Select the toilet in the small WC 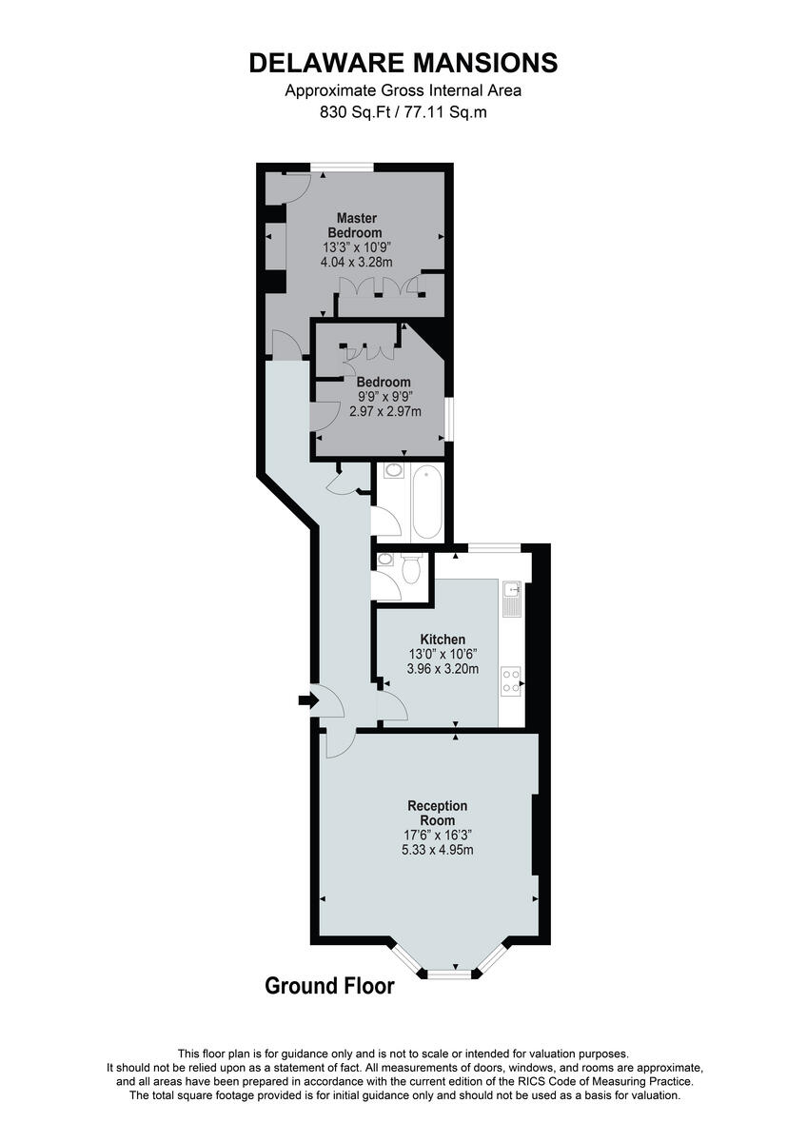pyautogui.click(x=412, y=568)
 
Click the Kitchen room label pyautogui.click(x=443, y=640)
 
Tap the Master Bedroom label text pyautogui.click(x=355, y=226)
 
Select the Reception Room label pyautogui.click(x=437, y=813)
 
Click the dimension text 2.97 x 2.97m pyautogui.click(x=384, y=411)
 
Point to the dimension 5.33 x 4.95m pyautogui.click(x=437, y=850)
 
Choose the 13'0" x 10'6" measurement pyautogui.click(x=443, y=654)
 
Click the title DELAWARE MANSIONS pyautogui.click(x=403, y=64)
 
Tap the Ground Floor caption pyautogui.click(x=329, y=986)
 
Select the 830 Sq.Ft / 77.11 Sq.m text pyautogui.click(x=403, y=111)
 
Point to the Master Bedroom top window pyautogui.click(x=342, y=167)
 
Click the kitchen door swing pyautogui.click(x=390, y=705)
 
